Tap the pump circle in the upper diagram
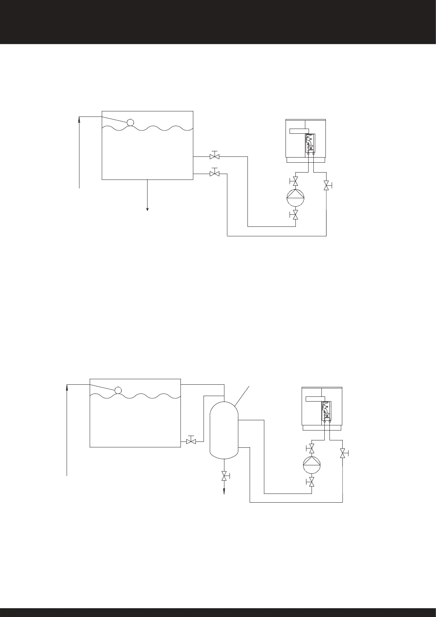click(x=295, y=198)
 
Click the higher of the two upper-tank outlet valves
click(x=215, y=156)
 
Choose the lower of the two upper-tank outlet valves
click(x=215, y=173)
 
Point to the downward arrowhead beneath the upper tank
click(x=148, y=209)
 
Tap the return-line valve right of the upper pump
click(x=326, y=186)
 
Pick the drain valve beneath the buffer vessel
click(x=224, y=476)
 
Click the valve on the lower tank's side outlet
click(x=191, y=441)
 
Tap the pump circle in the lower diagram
click(x=312, y=465)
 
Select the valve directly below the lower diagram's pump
click(x=312, y=482)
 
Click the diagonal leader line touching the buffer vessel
click(x=243, y=395)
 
